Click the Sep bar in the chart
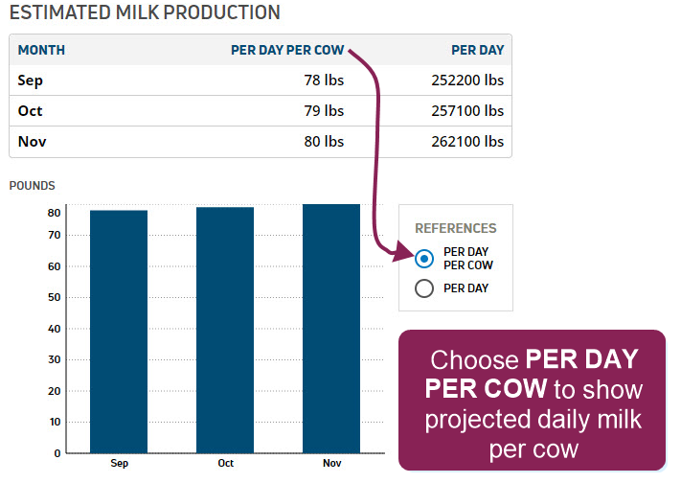(x=119, y=332)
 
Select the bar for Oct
(x=225, y=331)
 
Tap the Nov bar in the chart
(x=331, y=329)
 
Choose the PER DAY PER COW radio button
(x=424, y=259)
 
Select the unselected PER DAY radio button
(x=424, y=288)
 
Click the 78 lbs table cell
(x=324, y=80)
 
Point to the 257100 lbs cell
(x=467, y=111)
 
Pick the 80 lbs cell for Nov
(x=324, y=142)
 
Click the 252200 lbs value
(x=467, y=80)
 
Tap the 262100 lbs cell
(x=467, y=142)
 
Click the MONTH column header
(x=41, y=51)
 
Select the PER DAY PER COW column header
(x=287, y=51)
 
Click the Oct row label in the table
(x=30, y=111)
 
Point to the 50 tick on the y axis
(x=55, y=297)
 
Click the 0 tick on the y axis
(x=57, y=453)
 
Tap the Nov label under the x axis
(x=331, y=464)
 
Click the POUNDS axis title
(x=33, y=186)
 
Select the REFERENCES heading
(x=456, y=228)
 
